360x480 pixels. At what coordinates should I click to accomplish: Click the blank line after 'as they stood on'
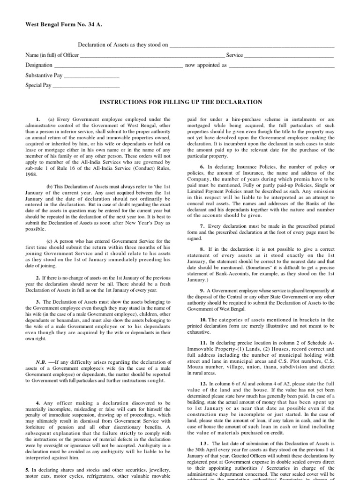click(x=251, y=47)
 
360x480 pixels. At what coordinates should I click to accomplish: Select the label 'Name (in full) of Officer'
click(x=52, y=55)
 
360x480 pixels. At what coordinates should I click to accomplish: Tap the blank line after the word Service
click(x=289, y=57)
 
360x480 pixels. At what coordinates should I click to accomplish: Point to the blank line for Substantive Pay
click(x=91, y=78)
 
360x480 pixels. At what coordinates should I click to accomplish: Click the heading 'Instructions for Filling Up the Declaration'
click(x=180, y=102)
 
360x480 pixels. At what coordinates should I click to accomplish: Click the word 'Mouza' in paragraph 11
click(x=195, y=362)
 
